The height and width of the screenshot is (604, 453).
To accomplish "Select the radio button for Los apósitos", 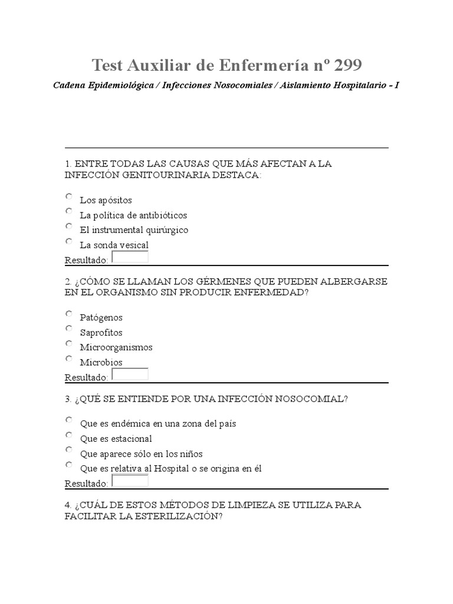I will point(69,196).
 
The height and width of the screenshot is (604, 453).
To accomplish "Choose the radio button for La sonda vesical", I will point(69,241).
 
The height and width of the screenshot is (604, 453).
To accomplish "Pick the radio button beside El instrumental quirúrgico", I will point(69,226).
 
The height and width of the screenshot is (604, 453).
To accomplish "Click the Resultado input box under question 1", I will point(130,257).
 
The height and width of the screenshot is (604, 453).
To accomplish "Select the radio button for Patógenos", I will point(69,314).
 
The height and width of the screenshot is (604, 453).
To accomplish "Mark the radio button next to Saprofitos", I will point(69,329).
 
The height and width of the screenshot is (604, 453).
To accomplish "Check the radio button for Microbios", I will point(69,359).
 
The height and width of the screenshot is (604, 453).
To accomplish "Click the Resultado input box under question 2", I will point(130,374).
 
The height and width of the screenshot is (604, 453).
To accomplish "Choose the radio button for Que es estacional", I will point(69,435).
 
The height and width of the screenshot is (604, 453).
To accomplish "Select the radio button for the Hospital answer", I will point(69,465).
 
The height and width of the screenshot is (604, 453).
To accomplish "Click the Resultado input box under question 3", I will point(130,480).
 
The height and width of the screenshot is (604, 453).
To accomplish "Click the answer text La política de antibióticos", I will point(133,215).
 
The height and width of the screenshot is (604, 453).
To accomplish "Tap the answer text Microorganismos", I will point(116,347).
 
